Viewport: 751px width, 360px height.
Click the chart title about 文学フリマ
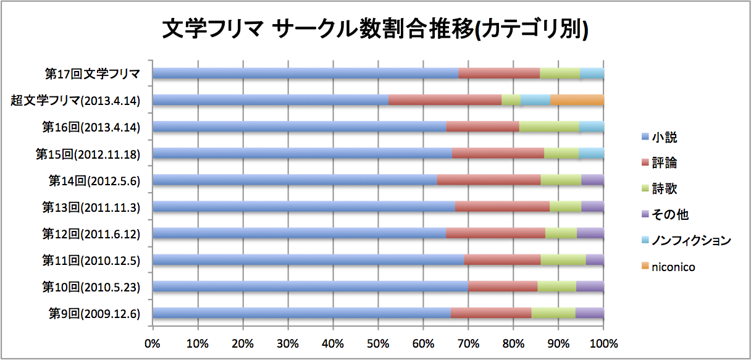click(x=375, y=30)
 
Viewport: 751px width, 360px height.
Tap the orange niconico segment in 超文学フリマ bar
click(x=577, y=100)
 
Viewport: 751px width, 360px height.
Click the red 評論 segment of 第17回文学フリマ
click(x=499, y=73)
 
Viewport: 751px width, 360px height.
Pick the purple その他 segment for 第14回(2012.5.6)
click(x=593, y=180)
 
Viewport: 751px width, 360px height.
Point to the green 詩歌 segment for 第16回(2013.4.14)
click(x=549, y=127)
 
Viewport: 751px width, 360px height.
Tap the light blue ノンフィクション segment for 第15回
click(x=592, y=153)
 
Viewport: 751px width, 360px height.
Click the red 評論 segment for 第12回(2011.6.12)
click(x=495, y=233)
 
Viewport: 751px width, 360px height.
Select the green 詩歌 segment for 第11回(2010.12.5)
click(x=563, y=260)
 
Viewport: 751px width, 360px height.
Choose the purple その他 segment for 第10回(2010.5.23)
click(x=590, y=287)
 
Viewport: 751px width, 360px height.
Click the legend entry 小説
click(x=659, y=137)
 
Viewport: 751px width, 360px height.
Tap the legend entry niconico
click(x=668, y=267)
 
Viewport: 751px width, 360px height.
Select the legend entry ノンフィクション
click(x=686, y=240)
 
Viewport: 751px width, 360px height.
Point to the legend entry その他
click(x=665, y=214)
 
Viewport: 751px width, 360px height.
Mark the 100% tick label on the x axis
click(x=604, y=343)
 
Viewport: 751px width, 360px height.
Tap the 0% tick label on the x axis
click(x=153, y=343)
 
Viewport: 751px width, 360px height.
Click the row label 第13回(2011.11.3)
click(x=91, y=207)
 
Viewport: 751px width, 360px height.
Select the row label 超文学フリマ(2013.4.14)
click(x=75, y=100)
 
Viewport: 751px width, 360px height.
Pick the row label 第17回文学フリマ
click(x=93, y=73)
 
